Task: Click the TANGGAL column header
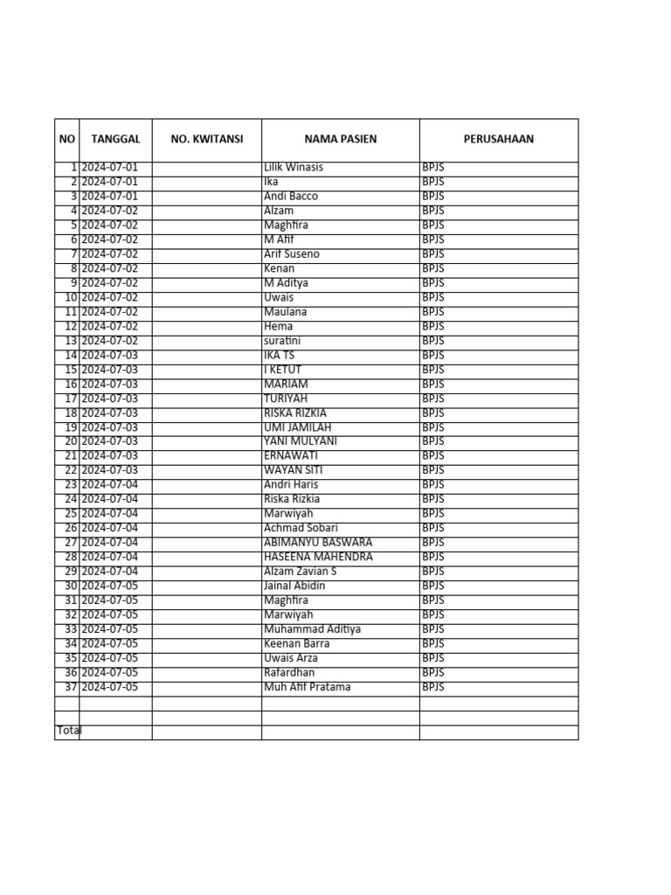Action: click(115, 139)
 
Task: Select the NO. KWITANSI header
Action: click(207, 139)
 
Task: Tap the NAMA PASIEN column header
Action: click(341, 139)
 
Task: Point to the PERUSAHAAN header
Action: click(499, 139)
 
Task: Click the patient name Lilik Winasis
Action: click(294, 167)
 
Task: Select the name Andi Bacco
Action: click(291, 196)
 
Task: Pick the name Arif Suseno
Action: click(292, 253)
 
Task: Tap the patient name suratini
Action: click(284, 341)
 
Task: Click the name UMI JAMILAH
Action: click(298, 427)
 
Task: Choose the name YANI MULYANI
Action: click(301, 441)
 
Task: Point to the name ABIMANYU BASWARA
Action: click(318, 542)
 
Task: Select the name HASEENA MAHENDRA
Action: click(318, 557)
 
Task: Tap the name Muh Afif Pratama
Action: click(307, 687)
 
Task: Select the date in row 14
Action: click(109, 355)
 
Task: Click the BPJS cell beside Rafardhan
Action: click(433, 672)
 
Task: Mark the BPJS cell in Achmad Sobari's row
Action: click(433, 528)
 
